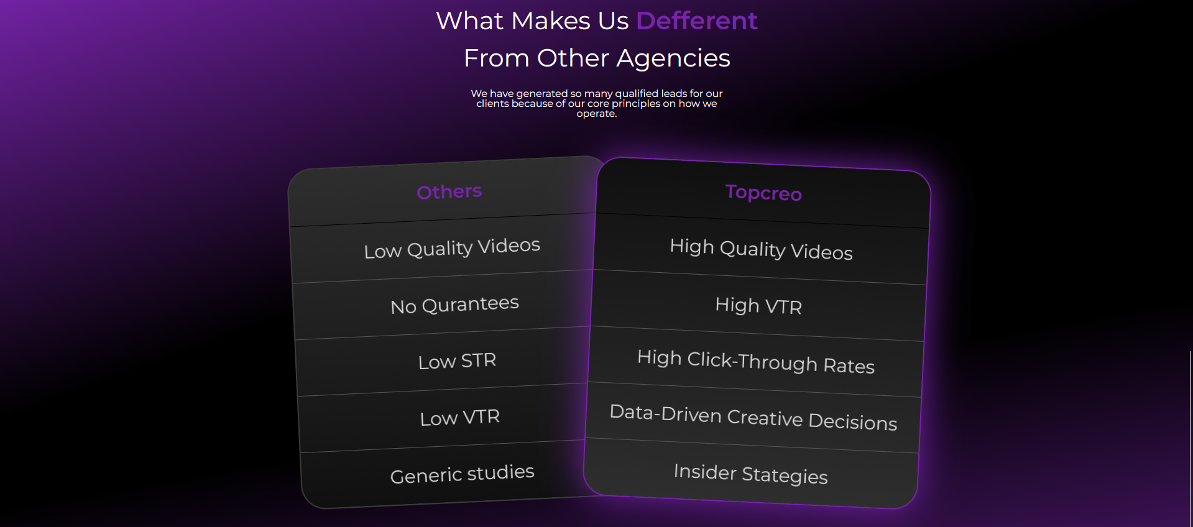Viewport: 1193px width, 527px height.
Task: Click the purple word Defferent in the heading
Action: [x=697, y=21]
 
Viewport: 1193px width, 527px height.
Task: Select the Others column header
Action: [x=449, y=191]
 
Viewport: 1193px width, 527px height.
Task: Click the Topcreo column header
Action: [x=763, y=193]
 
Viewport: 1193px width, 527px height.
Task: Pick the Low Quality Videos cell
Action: [x=452, y=249]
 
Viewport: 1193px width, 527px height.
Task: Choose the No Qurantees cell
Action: [x=454, y=305]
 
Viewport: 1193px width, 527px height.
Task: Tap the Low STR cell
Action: [x=457, y=361]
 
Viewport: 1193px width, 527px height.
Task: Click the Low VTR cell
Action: [x=459, y=417]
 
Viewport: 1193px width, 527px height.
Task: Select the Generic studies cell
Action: [x=462, y=474]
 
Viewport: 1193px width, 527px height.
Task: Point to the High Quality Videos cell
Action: [x=761, y=249]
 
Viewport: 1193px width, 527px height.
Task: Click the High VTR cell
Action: [x=758, y=305]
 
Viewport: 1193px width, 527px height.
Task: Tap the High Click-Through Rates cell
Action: [x=756, y=361]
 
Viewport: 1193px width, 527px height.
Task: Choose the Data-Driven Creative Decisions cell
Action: [x=753, y=417]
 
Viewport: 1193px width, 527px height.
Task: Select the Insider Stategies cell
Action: [x=751, y=474]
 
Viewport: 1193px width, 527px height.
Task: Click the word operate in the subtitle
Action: [x=596, y=114]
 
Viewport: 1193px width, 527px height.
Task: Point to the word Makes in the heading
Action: [x=551, y=21]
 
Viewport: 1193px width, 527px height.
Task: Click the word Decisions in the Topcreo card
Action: [x=853, y=421]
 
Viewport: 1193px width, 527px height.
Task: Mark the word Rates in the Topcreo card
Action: [x=849, y=365]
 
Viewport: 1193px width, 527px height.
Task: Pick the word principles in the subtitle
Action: [x=636, y=104]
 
